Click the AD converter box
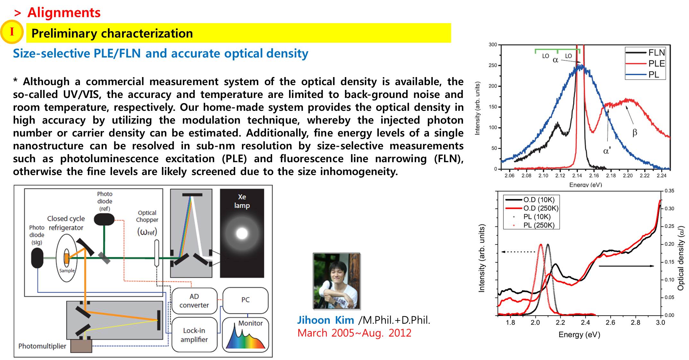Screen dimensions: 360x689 point(194,301)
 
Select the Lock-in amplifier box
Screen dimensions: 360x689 point(194,335)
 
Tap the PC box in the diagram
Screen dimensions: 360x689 point(245,300)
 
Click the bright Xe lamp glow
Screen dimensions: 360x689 point(242,233)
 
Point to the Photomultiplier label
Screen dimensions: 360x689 point(42,346)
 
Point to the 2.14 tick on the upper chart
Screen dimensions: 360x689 point(577,176)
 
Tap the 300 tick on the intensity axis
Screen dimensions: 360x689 point(493,45)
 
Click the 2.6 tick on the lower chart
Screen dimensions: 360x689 point(610,322)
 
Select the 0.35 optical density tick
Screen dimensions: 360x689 point(669,191)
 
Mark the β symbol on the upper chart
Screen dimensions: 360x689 point(634,133)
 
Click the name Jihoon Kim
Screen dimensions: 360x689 point(326,320)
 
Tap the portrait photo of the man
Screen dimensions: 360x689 point(336,281)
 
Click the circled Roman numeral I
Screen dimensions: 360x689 point(12,32)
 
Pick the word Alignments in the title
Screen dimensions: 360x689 point(64,13)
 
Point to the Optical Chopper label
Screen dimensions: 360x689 point(147,216)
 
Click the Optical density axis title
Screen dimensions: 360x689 point(681,258)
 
